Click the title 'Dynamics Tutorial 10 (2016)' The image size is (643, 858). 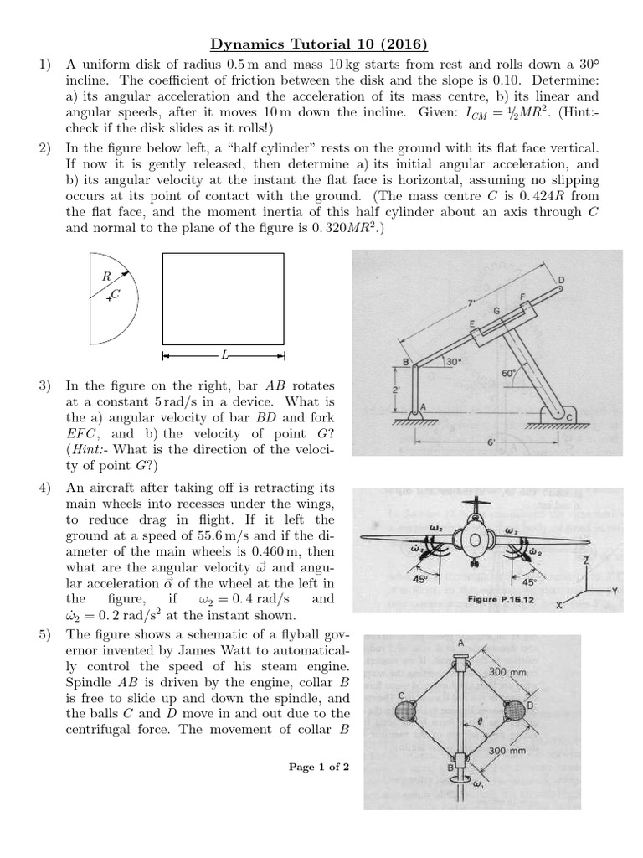click(x=321, y=44)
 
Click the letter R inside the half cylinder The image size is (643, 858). click(x=106, y=276)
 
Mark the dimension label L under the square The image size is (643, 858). click(x=224, y=355)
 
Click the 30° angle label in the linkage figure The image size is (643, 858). click(x=453, y=362)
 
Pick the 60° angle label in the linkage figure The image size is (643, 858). click(x=508, y=373)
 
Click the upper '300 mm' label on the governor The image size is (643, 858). click(x=507, y=672)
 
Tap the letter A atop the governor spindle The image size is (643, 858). click(x=460, y=643)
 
